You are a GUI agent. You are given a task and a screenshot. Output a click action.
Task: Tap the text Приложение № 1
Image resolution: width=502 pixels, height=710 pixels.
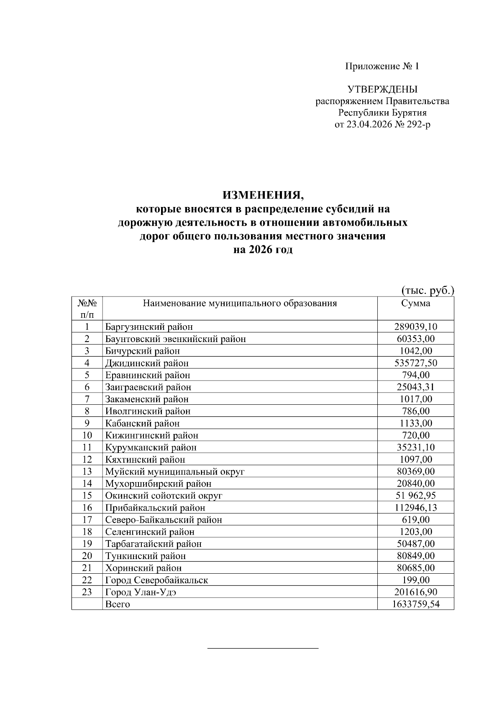(382, 66)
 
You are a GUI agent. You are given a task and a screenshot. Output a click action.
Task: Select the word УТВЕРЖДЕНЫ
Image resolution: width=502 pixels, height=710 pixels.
(382, 89)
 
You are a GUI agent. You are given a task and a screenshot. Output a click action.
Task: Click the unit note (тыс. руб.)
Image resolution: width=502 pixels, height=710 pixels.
(428, 291)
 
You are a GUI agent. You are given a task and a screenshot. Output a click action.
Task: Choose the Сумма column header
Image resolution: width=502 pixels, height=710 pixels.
(415, 303)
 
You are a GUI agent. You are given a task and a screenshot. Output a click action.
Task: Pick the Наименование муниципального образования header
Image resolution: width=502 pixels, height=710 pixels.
(240, 303)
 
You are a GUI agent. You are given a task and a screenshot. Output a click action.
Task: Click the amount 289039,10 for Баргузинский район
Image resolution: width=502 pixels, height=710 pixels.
(415, 327)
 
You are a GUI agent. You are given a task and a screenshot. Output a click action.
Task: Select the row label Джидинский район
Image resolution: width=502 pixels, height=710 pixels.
(147, 363)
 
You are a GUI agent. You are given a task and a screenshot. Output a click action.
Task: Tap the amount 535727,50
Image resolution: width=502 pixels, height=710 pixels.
(415, 363)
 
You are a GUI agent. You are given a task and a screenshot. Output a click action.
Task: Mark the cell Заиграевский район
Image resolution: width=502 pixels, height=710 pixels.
(148, 387)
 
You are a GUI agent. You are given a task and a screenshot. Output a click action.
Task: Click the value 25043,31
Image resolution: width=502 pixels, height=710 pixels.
(415, 387)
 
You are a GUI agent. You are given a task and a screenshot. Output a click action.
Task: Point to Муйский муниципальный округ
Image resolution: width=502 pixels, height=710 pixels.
(175, 472)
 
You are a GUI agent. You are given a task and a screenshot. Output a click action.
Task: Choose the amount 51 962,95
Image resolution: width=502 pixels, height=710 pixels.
(415, 496)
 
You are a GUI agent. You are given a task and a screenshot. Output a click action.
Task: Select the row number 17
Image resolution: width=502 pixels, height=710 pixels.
(87, 520)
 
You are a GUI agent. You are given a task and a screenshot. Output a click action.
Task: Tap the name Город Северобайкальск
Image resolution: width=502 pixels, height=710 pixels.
(156, 580)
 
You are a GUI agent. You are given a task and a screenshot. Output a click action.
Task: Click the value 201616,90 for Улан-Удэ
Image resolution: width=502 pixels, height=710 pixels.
(415, 592)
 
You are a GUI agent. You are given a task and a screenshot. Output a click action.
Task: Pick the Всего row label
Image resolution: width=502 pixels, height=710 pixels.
(118, 604)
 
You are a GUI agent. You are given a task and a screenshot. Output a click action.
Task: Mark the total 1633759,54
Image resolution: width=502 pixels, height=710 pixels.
(415, 604)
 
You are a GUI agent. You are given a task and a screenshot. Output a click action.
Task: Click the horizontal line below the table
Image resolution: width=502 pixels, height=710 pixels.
(263, 648)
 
